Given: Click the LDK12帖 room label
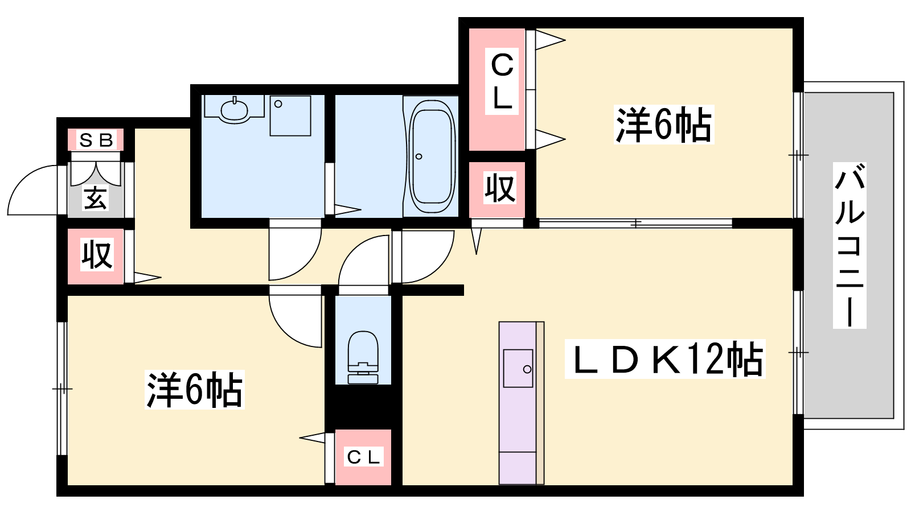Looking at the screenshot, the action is point(666,359).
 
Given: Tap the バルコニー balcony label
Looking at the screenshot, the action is point(849,245).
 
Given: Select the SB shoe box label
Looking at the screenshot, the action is point(96,140).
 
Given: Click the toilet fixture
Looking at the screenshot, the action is point(363,357).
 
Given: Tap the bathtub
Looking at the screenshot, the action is point(432,156).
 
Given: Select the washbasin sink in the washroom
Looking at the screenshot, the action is point(234,109).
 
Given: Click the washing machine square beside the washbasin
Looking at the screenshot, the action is point(290,116).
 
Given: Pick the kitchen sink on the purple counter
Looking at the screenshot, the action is point(518,368).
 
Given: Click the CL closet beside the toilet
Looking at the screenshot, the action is point(363,457).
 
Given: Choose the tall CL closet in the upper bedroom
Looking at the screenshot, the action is point(496,89).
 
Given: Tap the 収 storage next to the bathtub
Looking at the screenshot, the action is point(496,189).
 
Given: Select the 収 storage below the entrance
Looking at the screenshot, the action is point(96,256).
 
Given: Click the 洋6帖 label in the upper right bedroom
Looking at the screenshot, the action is point(664,125).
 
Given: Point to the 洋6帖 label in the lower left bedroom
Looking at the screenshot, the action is point(194,389).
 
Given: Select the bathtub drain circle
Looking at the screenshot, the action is point(418,156).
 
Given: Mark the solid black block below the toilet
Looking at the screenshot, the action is point(363,407).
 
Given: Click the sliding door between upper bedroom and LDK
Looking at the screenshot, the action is point(635,223).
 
